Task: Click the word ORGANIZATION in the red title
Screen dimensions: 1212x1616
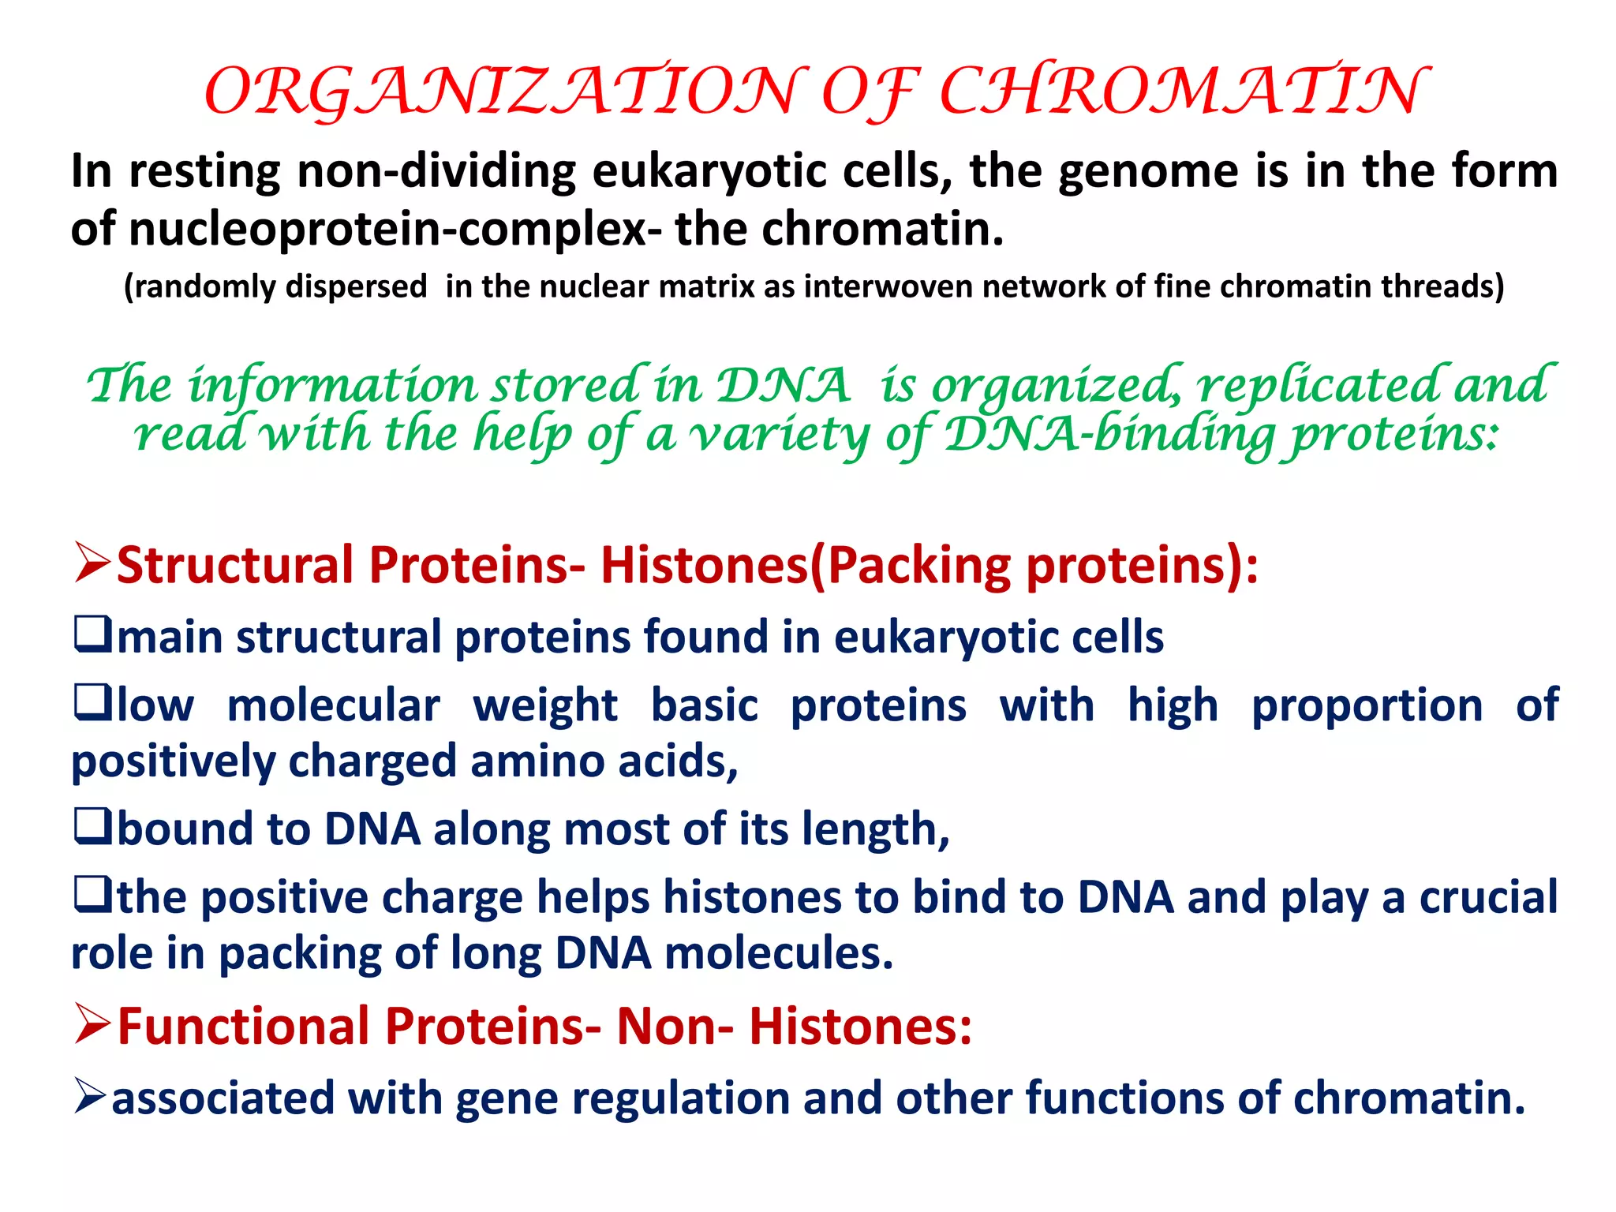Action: pyautogui.click(x=505, y=92)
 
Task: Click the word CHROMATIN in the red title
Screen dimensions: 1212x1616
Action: pyautogui.click(x=1184, y=92)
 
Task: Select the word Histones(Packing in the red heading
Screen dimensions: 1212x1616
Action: pyautogui.click(x=805, y=565)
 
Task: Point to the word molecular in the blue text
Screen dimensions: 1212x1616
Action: pyautogui.click(x=333, y=705)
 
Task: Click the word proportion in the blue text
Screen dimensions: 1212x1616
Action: pyautogui.click(x=1367, y=705)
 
